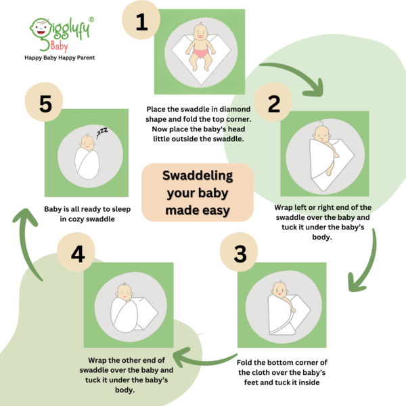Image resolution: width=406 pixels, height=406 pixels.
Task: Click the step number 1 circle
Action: (x=141, y=21)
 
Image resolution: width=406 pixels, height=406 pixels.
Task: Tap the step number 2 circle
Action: (x=273, y=103)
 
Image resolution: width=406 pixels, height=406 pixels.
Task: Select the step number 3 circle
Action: (x=239, y=252)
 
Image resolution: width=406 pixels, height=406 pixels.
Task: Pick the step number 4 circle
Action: (x=76, y=252)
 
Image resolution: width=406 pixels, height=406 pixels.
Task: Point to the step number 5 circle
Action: (x=44, y=103)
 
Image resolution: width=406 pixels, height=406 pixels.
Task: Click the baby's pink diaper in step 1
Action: (x=201, y=54)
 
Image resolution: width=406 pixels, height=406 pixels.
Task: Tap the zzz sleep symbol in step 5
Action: (x=102, y=131)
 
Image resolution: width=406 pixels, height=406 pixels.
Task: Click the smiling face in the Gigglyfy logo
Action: (x=41, y=28)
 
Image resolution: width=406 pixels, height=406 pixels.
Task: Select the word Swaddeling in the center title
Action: (x=198, y=176)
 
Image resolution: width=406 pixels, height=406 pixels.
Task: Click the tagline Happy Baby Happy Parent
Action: (x=60, y=58)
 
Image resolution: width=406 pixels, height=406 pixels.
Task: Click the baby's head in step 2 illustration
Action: (x=321, y=134)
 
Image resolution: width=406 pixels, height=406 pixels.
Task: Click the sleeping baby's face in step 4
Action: (x=125, y=293)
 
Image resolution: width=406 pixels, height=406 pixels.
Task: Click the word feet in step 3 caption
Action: (x=251, y=382)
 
